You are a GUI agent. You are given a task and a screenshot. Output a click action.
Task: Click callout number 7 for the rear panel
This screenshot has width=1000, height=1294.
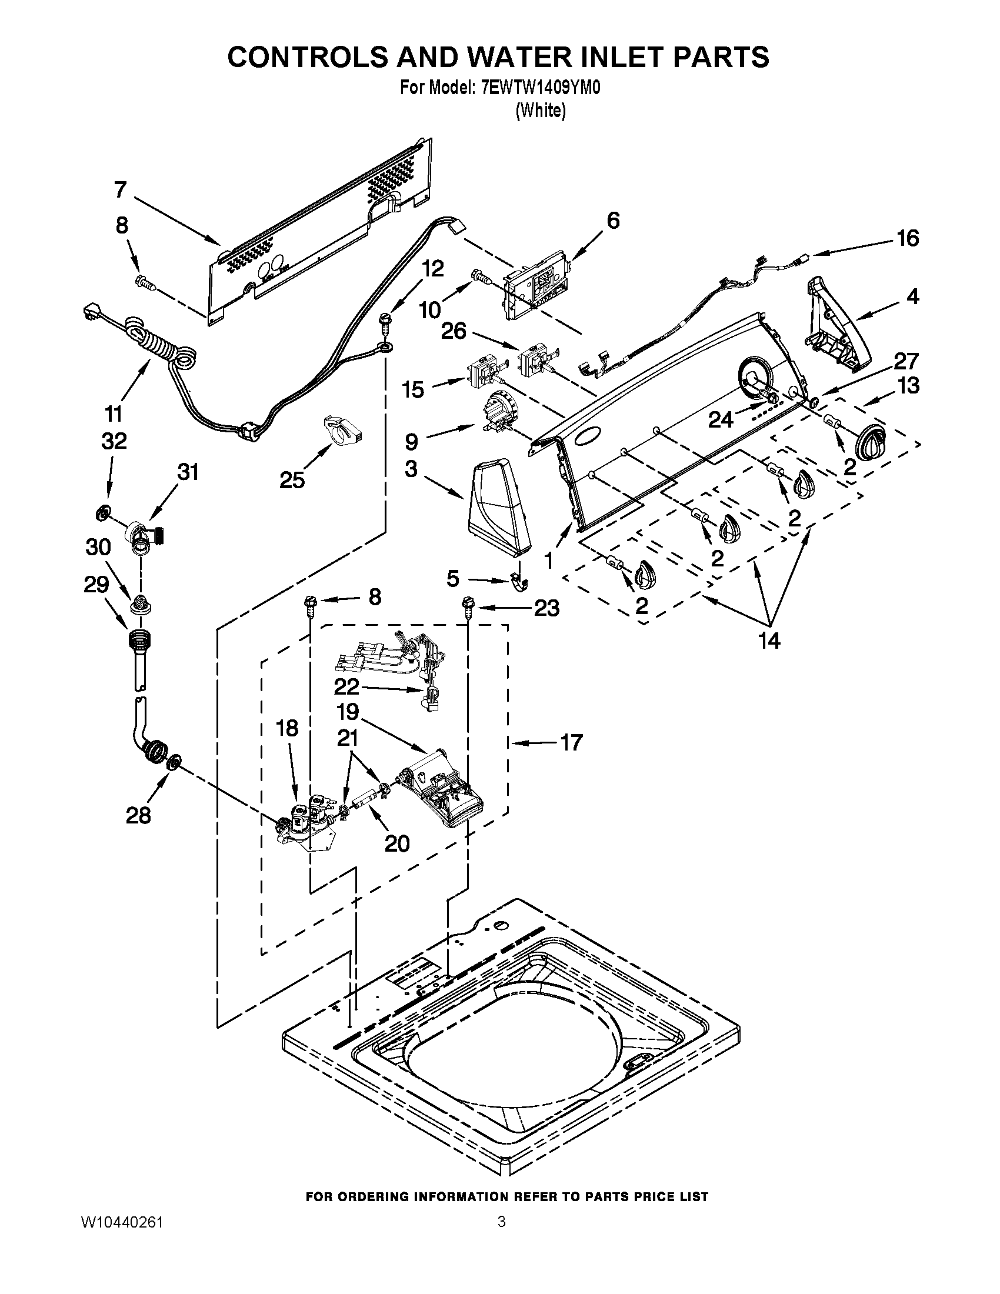(120, 190)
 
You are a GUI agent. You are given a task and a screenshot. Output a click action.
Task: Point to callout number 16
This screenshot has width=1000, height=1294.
(907, 238)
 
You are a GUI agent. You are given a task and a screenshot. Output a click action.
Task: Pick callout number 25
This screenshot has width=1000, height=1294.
(292, 479)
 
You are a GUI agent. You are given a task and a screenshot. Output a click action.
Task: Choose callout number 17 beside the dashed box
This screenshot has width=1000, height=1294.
(571, 742)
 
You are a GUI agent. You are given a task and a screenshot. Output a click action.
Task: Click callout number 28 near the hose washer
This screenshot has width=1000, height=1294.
(138, 816)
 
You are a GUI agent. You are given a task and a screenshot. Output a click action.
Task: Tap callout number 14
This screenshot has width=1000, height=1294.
(769, 641)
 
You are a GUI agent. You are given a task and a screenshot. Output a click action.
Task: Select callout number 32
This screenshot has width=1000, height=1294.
(114, 441)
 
